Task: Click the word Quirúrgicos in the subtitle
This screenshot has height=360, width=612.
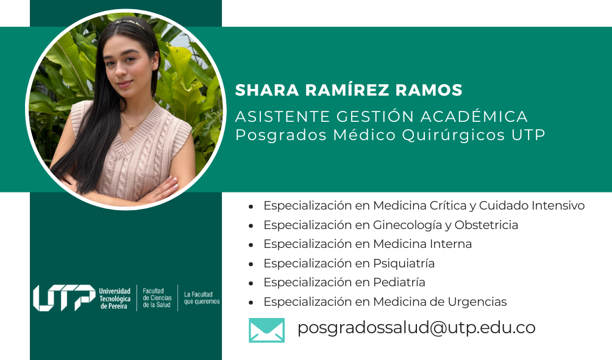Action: point(454,136)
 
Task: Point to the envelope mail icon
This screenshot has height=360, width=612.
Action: point(266,330)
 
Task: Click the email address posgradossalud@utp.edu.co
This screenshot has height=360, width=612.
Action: point(416,328)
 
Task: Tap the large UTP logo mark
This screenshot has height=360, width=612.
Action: point(64,298)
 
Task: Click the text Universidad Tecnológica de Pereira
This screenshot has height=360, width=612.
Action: point(115,298)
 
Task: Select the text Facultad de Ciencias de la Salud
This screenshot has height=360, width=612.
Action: point(157,298)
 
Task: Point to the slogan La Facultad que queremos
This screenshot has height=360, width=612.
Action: point(202,298)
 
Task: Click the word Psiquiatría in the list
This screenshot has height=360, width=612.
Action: point(404,264)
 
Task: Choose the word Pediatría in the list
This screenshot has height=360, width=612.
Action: point(399,283)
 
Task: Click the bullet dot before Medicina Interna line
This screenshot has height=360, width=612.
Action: point(251,245)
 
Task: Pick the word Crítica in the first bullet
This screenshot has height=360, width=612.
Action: point(447,205)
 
